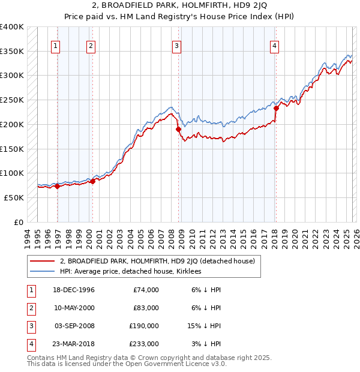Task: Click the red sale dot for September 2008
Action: pyautogui.click(x=178, y=129)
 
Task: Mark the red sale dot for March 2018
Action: pyautogui.click(x=277, y=109)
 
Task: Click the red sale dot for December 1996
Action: pyautogui.click(x=57, y=186)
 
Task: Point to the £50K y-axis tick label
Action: pyautogui.click(x=14, y=197)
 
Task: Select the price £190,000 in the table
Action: pyautogui.click(x=145, y=326)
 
